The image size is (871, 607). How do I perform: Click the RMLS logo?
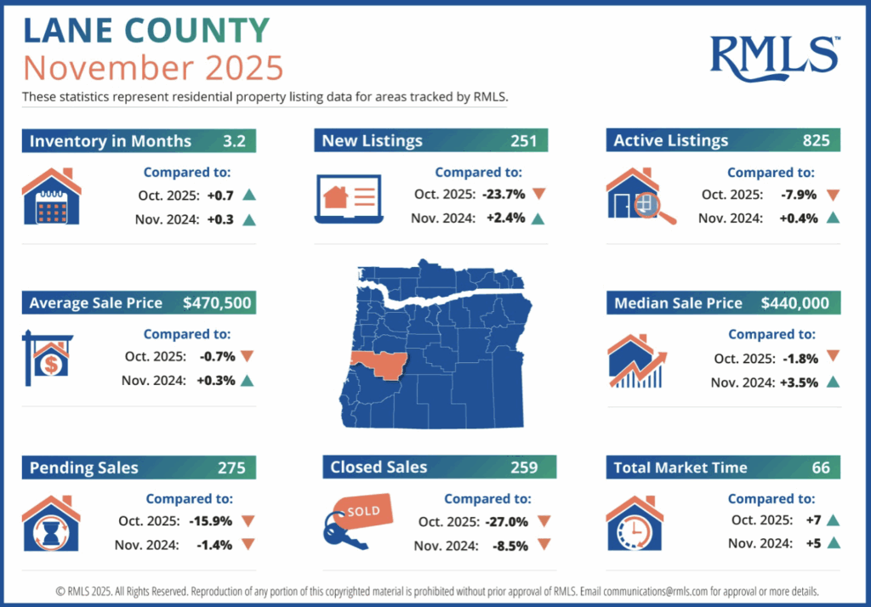point(774,54)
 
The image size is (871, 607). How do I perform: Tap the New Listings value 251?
point(524,141)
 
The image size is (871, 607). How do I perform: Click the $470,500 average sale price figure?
point(217,303)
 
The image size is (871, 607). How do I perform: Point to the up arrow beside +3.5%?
point(833,383)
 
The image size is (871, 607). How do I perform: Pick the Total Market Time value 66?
point(821,468)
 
